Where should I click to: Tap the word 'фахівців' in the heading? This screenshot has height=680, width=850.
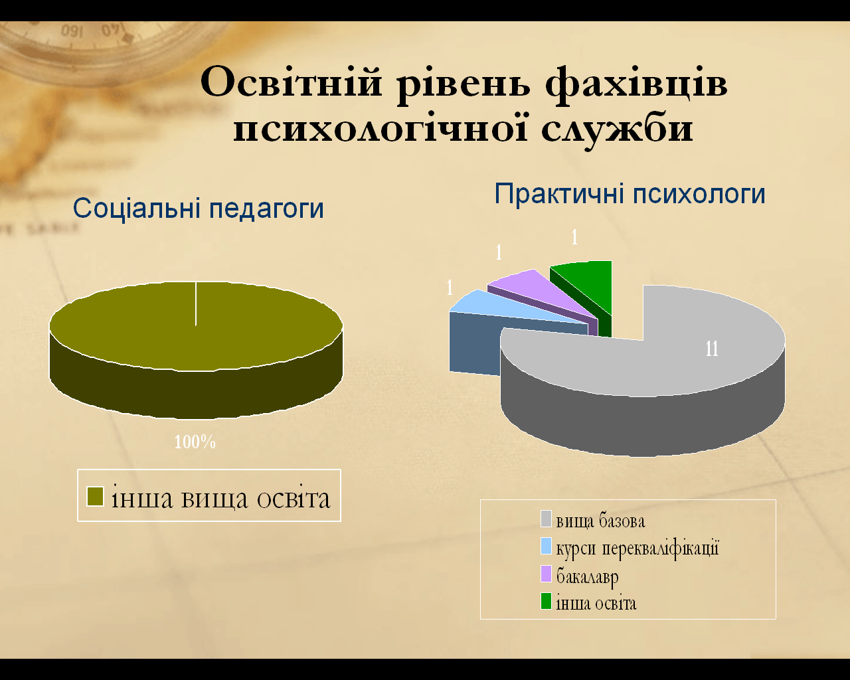(636, 86)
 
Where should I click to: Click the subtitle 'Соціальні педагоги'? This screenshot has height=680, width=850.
(199, 209)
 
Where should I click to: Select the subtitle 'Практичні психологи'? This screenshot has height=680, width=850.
(630, 194)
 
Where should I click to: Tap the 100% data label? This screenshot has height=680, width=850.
(195, 442)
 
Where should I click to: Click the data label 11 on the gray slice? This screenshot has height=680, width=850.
(712, 349)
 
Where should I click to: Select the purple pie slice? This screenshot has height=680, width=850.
(549, 298)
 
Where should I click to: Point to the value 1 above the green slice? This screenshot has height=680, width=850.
(574, 238)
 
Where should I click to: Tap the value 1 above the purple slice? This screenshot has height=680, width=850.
(499, 252)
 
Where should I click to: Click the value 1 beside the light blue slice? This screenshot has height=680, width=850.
(450, 288)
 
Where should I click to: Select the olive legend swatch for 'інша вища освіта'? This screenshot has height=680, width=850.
(95, 496)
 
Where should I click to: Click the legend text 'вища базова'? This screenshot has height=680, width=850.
(600, 521)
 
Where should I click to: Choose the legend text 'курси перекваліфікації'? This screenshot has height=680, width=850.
(637, 549)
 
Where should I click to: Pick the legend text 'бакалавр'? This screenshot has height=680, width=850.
(587, 576)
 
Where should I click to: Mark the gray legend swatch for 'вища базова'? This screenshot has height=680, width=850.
(546, 519)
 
